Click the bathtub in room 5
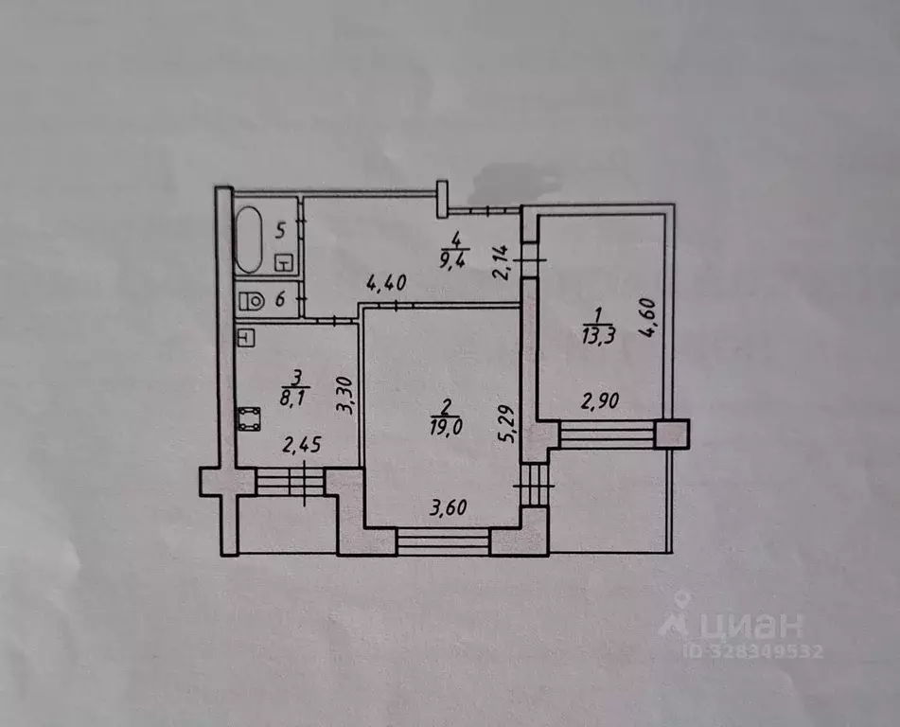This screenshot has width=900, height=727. click(x=249, y=239)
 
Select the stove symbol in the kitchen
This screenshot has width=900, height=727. click(x=249, y=419)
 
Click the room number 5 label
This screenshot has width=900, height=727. click(x=280, y=231)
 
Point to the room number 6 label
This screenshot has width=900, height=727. click(x=280, y=299)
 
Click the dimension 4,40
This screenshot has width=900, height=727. click(x=387, y=283)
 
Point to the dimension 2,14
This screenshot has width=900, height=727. click(x=501, y=262)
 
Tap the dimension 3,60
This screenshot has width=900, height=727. click(x=449, y=507)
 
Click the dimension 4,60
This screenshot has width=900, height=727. click(x=647, y=317)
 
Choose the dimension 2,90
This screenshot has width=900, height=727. click(x=600, y=400)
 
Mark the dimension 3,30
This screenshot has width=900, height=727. click(x=345, y=395)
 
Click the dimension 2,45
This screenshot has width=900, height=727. click(x=302, y=445)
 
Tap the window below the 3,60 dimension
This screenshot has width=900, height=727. click(x=443, y=542)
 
